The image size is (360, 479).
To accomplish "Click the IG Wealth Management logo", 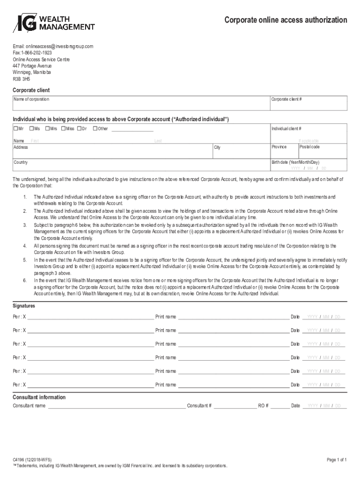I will coord(53,23).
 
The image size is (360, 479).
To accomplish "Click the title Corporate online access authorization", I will coord(286,20).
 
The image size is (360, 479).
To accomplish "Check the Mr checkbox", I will coord(15,129).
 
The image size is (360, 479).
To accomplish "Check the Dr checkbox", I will coord(79,129).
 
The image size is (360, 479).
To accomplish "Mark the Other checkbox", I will coord(95,129).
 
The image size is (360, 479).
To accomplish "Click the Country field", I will coord(140,166).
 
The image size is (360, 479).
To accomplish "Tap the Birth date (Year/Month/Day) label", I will coord(295,162).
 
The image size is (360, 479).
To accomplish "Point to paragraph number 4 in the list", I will coord(25,246).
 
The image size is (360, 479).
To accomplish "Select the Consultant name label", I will coord(29,406).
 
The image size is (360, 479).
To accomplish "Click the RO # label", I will coord(263,406).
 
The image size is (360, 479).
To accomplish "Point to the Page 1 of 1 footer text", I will coord(337,460).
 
